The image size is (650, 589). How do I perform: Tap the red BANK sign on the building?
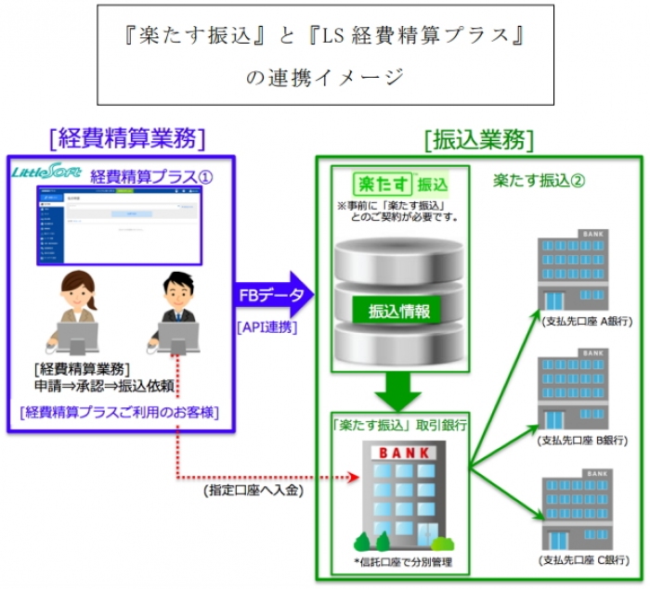400,454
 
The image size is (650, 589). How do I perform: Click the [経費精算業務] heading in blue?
125,138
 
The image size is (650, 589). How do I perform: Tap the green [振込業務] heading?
478,139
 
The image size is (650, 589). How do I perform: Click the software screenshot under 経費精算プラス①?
119,224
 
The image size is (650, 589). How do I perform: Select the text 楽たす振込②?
539,179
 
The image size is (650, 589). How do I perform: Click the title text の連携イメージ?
324,78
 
